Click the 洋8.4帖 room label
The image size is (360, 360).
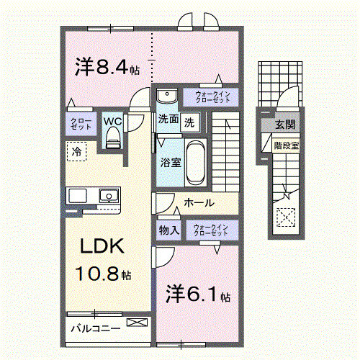107,68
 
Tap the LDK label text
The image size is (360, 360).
102,247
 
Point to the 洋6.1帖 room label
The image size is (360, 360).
199,294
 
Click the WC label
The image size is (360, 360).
112,120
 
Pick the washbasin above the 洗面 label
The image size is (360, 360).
167,96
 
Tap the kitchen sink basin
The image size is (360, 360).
108,195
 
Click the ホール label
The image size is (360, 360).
198,204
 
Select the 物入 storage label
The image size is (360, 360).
169,230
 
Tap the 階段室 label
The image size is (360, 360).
287,145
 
